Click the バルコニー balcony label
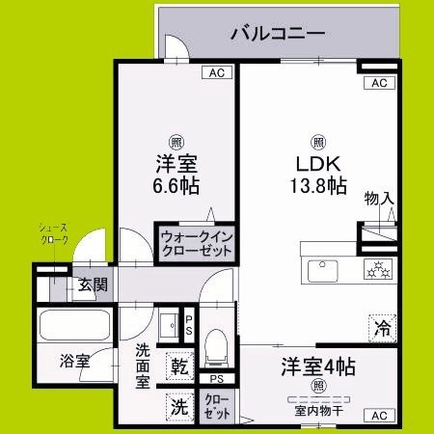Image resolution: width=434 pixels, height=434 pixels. [276, 34]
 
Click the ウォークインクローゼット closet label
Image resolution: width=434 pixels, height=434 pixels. [197, 242]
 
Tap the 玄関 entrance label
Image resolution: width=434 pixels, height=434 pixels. [93, 286]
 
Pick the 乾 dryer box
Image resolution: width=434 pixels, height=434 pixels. [180, 367]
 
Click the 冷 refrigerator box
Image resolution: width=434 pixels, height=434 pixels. [382, 327]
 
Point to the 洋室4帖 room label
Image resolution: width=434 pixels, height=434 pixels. [318, 366]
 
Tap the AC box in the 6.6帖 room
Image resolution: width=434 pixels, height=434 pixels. [218, 72]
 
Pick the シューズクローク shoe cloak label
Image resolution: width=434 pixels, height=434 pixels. [53, 235]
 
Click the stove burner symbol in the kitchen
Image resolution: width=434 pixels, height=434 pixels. [377, 269]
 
